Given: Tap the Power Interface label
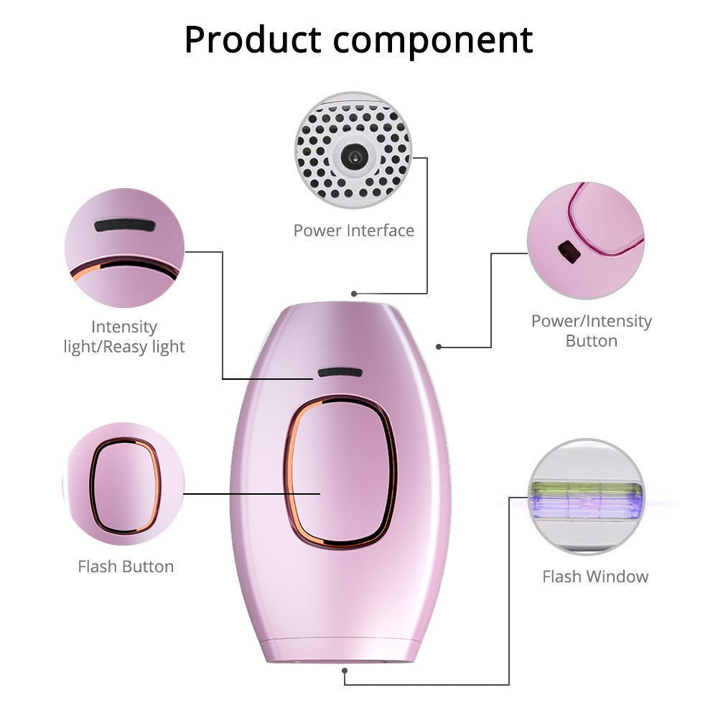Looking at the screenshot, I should [353, 230].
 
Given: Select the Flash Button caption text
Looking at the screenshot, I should [126, 567].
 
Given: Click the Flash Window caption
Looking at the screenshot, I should [595, 576].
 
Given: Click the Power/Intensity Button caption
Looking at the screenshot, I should [591, 330].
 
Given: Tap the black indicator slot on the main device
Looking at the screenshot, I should [340, 373].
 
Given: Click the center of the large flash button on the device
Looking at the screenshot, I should [340, 471].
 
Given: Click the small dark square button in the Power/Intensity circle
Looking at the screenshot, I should [568, 251].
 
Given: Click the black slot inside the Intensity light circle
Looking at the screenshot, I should [124, 225].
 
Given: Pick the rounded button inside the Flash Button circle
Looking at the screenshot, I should [125, 487].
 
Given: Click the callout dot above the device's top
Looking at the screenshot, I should [353, 294].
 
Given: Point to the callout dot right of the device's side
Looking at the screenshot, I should [439, 347].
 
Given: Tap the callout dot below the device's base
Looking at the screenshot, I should [345, 671].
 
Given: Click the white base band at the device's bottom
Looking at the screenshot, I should [340, 650].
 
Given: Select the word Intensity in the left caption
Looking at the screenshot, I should [124, 327].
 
